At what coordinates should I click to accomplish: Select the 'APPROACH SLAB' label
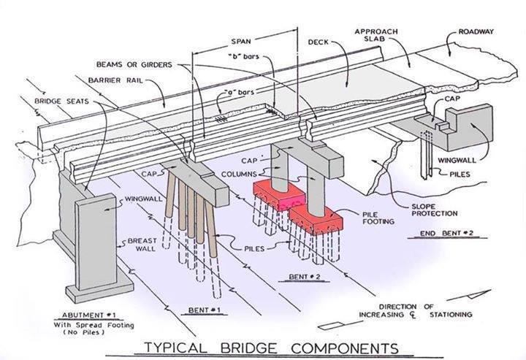coord(376,36)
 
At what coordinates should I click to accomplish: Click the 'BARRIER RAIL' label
coord(111,79)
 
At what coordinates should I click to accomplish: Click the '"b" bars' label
coord(245,56)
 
